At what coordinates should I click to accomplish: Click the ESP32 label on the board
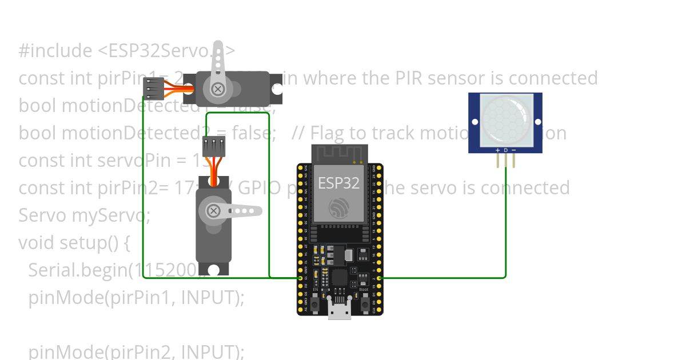(339, 183)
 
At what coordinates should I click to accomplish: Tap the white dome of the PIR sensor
(505, 119)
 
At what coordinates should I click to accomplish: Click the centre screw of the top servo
(217, 89)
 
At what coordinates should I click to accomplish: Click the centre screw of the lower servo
(213, 211)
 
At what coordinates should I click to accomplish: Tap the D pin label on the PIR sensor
(505, 150)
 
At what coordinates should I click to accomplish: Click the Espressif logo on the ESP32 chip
(339, 207)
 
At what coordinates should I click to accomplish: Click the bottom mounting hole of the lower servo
(214, 270)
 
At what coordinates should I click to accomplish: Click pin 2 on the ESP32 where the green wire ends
(380, 278)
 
